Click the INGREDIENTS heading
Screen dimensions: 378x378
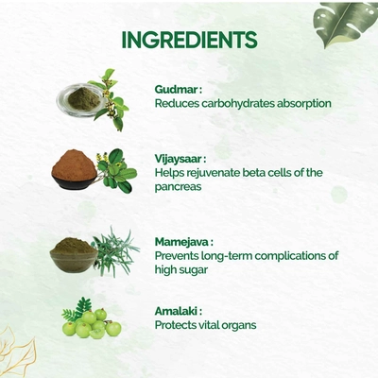[189, 40]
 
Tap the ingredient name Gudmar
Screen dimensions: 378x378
[177, 90]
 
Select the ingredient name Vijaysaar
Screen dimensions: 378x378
[179, 160]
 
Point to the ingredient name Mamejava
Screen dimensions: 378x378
[181, 242]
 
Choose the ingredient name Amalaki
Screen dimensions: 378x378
[176, 312]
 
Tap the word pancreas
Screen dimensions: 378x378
[178, 187]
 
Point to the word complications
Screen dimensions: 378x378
[290, 256]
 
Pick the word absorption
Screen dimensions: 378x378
[304, 104]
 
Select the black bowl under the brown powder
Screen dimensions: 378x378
[75, 182]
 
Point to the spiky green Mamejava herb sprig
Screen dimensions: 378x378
[115, 252]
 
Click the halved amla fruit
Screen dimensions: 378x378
[97, 334]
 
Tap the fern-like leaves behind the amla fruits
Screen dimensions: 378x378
[77, 308]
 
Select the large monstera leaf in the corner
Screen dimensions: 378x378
[346, 25]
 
